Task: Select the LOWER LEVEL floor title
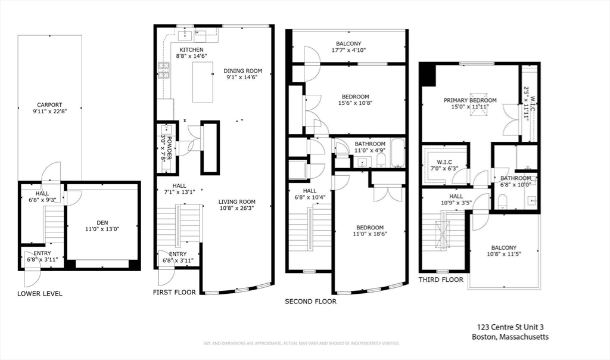pos(40,294)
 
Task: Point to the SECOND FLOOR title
pos(310,302)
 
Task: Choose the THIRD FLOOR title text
pos(440,280)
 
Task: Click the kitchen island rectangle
pos(203,82)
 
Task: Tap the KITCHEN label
pos(191,49)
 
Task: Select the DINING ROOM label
pos(242,71)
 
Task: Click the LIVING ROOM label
pos(236,201)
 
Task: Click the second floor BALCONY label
pos(348,44)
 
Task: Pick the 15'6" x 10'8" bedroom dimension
pos(355,104)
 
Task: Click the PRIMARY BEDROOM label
pos(469,100)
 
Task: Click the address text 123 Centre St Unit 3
pos(511,327)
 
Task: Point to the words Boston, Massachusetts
pos(510,337)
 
